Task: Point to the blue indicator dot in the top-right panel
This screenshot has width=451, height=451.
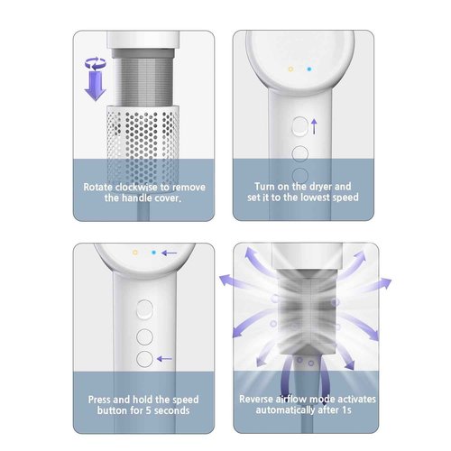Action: click(x=308, y=69)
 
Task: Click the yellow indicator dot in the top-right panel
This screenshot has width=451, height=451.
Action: click(x=289, y=69)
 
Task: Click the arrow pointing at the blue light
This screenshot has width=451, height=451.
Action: click(x=170, y=254)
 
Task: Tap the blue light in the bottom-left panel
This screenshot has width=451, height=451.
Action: click(x=154, y=254)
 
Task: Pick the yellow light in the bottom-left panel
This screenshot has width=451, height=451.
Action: click(x=134, y=254)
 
